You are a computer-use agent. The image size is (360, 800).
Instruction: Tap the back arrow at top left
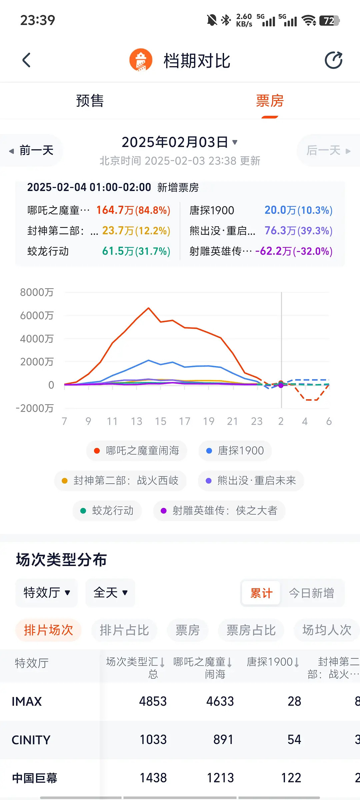coord(26,60)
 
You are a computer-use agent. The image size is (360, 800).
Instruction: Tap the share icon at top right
coord(334,60)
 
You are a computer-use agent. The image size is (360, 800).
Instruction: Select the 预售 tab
coord(90,101)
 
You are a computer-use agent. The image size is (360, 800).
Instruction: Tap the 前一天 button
coord(31,150)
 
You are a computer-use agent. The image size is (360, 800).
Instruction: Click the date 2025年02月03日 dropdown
coord(180,142)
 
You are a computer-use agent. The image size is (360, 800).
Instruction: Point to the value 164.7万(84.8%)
coord(133,210)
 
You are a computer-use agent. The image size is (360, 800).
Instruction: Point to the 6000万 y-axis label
coord(37,315)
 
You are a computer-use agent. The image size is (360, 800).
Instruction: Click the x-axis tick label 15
coord(160,421)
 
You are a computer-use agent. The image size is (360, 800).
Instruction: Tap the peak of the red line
coord(149,308)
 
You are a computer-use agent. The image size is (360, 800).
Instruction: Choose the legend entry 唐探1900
coord(235,451)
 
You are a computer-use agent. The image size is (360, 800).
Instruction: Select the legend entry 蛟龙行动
coord(107,511)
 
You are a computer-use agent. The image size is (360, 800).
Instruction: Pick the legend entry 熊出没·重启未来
coord(251,481)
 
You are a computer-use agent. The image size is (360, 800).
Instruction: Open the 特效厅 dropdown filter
coord(47,593)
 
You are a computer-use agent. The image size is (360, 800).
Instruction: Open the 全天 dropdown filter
coord(110,593)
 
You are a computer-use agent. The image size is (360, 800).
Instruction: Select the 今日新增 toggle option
coord(311,593)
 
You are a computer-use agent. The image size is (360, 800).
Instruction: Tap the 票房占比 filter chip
coord(251,630)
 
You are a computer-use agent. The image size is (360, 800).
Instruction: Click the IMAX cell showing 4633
coord(220,701)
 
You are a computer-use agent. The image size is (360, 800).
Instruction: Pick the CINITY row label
coord(31,740)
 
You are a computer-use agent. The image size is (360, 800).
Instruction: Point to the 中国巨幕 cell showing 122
coord(291,778)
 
